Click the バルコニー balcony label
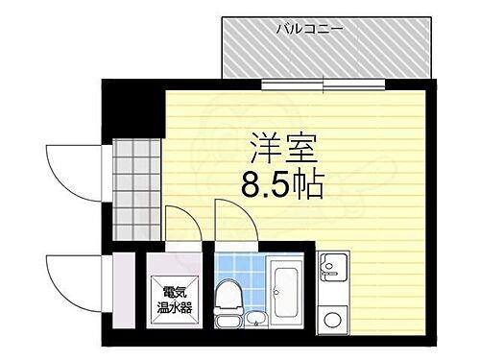point(309,30)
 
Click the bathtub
point(287,290)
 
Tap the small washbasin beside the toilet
point(254,318)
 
